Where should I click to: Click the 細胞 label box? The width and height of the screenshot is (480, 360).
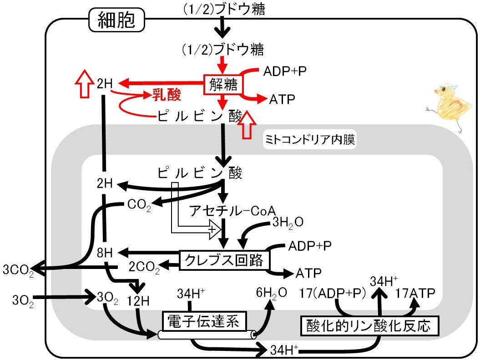point(116,20)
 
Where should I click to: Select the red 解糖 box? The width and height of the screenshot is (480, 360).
point(223,84)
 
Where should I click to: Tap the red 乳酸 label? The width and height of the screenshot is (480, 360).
point(167,95)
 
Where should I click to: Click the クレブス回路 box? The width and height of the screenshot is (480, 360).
point(224,260)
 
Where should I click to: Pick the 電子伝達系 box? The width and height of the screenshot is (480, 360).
point(204,321)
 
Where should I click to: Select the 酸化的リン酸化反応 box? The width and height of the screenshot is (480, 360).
point(369,326)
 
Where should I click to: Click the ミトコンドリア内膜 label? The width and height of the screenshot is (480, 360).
point(310,140)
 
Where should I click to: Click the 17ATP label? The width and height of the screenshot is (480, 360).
point(415,293)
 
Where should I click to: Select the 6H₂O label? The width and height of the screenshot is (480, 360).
point(272,293)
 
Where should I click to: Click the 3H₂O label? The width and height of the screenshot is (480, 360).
point(288,223)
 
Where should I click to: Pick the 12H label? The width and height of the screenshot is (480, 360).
point(138,301)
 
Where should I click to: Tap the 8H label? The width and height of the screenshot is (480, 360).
point(105,253)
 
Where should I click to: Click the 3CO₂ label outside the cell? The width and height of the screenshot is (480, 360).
point(18,270)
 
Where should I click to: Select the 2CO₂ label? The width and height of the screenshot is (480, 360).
point(144,267)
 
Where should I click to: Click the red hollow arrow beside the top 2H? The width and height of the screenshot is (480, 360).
point(85,83)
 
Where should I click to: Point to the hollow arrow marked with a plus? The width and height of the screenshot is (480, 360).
point(196,214)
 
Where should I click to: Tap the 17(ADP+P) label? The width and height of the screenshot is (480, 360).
point(333,293)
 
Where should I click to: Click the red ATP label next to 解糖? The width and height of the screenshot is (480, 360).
point(282,99)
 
